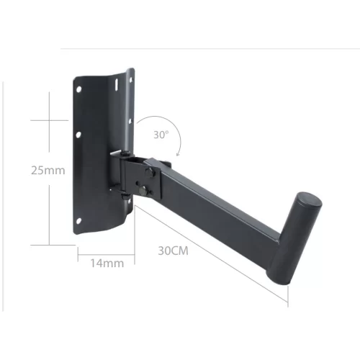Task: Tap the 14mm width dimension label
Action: pyautogui.click(x=106, y=263)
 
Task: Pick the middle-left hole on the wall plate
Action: pyautogui.click(x=78, y=135)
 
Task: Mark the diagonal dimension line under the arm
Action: pyautogui.click(x=209, y=248)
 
